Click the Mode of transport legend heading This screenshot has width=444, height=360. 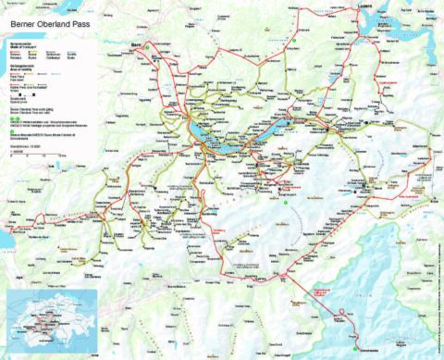[23, 45]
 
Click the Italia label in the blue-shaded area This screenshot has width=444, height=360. [408, 278]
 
